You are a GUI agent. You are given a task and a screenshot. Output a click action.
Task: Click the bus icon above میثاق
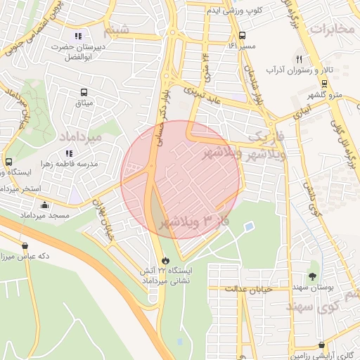coord(84,93)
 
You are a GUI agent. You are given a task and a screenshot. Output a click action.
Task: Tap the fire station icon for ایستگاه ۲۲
coord(165,259)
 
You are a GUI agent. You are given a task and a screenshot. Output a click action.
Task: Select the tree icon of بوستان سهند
coord(313,266)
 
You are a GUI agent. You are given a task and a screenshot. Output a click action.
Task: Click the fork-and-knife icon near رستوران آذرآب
coord(299,60)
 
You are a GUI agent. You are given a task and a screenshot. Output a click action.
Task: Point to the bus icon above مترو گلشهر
coord(323,83)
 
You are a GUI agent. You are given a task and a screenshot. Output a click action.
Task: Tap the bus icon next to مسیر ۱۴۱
coord(242,35)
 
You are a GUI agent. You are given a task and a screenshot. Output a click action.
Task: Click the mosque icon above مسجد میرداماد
coord(45,205)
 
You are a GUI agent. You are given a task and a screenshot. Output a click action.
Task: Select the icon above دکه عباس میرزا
coord(26,246)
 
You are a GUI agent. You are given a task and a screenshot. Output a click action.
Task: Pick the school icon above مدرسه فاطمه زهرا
coord(69,153)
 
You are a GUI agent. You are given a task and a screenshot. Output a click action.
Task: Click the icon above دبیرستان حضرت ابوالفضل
coord(77,36)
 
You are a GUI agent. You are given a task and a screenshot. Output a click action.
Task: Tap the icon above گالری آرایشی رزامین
coord(322,345)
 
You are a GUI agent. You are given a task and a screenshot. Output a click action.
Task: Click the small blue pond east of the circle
coord(249,226)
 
